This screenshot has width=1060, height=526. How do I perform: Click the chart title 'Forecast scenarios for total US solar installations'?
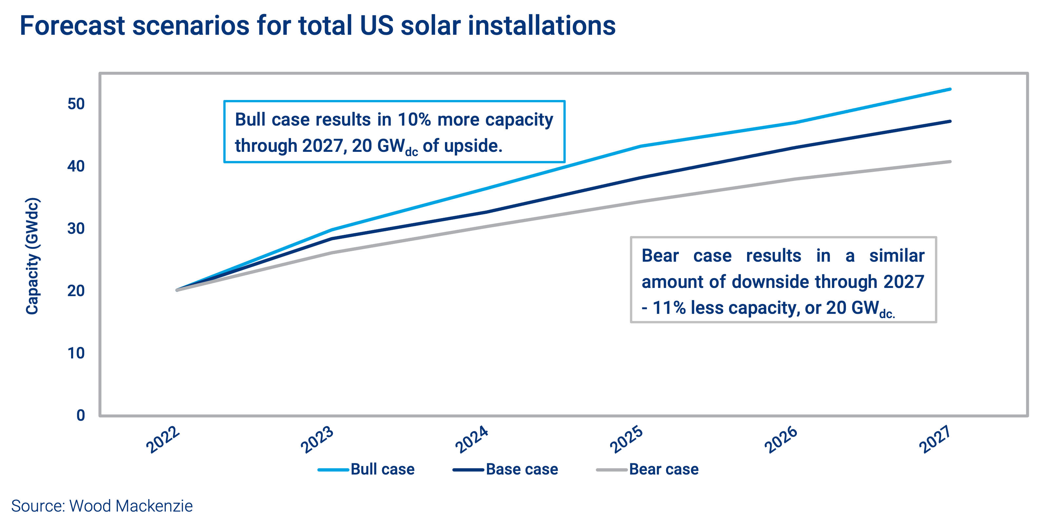(x=317, y=26)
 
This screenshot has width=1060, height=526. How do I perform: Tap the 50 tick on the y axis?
(x=76, y=104)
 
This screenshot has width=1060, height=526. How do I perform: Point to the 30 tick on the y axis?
(x=76, y=229)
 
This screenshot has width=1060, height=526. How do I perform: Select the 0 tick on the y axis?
(x=81, y=415)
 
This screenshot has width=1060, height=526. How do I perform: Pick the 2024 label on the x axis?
(x=472, y=439)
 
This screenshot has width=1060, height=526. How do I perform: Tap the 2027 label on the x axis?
(x=935, y=439)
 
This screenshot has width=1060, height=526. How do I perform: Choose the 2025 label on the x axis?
(x=626, y=439)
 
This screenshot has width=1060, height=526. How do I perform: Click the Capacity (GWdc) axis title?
(x=32, y=256)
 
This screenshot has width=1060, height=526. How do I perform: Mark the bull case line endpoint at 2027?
(x=950, y=89)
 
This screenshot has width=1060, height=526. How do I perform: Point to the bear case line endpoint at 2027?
(x=950, y=161)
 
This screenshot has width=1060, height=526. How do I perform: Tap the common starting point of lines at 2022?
(x=177, y=290)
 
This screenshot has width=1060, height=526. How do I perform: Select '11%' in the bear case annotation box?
(x=669, y=308)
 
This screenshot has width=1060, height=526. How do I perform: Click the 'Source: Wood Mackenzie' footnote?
(x=102, y=506)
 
